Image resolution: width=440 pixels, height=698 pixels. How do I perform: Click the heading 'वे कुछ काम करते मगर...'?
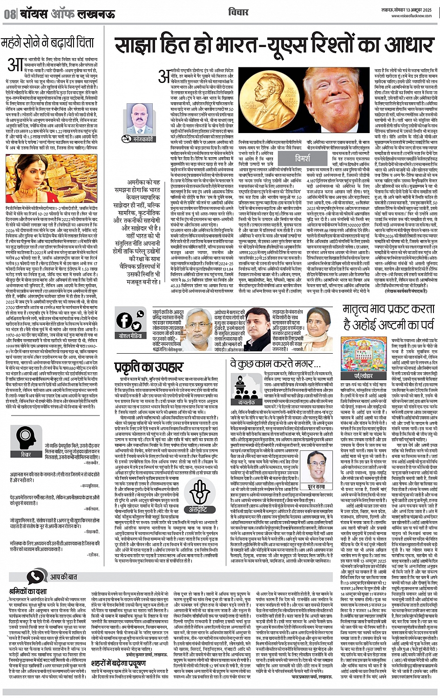pyautogui.click(x=269, y=363)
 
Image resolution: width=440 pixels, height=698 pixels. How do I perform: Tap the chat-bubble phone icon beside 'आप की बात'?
pyautogui.click(x=35, y=577)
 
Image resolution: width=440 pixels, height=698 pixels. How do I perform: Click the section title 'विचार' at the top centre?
pyautogui.click(x=238, y=12)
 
